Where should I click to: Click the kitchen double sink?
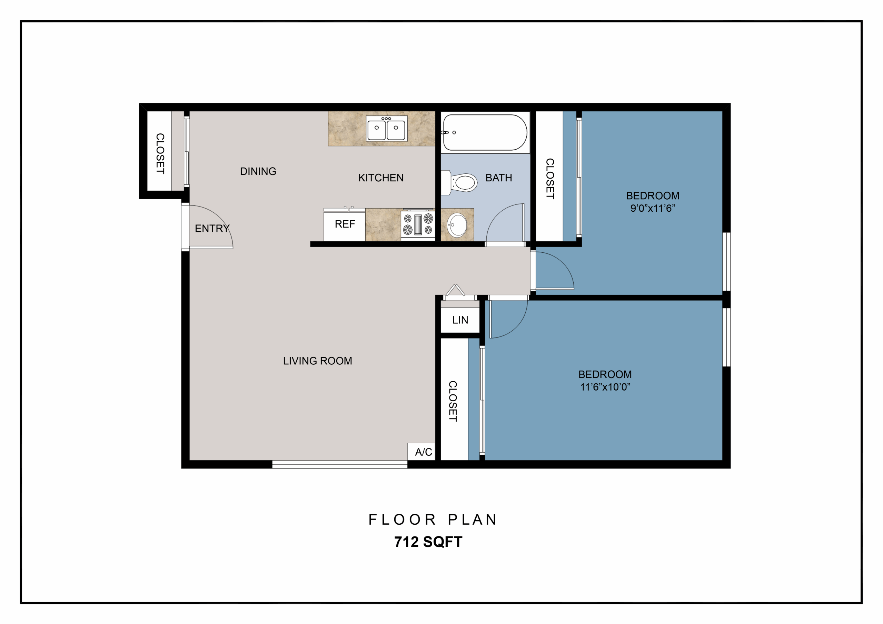tap(386, 128)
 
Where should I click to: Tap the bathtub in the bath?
tap(485, 132)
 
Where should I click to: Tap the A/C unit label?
tap(423, 452)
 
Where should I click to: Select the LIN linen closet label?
tap(460, 320)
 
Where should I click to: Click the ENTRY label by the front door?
tap(212, 228)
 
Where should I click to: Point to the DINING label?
tap(258, 171)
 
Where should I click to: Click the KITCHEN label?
tap(381, 178)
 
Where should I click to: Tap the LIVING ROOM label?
tap(317, 361)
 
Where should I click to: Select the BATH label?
tap(498, 178)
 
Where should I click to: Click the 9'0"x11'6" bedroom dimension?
tap(653, 208)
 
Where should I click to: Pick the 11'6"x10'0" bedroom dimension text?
tap(605, 387)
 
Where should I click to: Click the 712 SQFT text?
tap(428, 542)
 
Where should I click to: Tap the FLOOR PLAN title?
tap(433, 520)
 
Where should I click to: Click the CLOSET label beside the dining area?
tap(160, 153)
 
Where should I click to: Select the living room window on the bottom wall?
tap(340, 464)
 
